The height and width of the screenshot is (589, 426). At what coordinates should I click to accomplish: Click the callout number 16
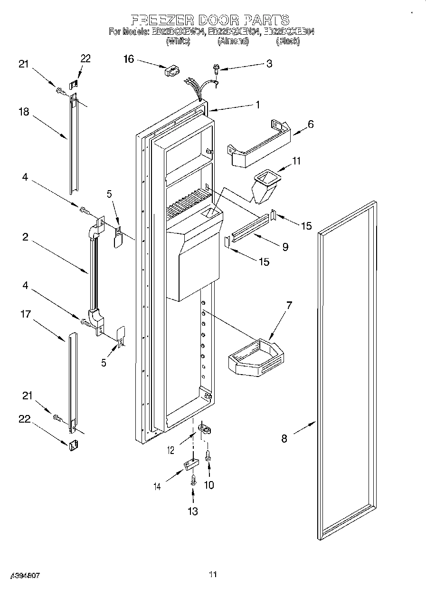click(128, 59)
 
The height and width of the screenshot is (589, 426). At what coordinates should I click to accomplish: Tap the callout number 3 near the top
click(269, 64)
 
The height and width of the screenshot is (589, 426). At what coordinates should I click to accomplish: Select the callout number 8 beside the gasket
click(284, 438)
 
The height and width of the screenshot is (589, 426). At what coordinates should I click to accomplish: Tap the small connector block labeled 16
click(170, 71)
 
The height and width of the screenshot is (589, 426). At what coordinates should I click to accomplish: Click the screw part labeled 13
click(193, 480)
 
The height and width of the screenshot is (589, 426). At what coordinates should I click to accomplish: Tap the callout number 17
click(26, 314)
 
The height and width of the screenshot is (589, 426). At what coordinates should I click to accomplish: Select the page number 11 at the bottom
click(213, 575)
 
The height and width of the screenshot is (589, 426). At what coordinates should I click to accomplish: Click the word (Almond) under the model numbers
click(233, 41)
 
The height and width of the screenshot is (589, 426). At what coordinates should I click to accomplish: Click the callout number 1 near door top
click(257, 105)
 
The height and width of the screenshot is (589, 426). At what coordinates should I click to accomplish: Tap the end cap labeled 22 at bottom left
click(73, 445)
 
